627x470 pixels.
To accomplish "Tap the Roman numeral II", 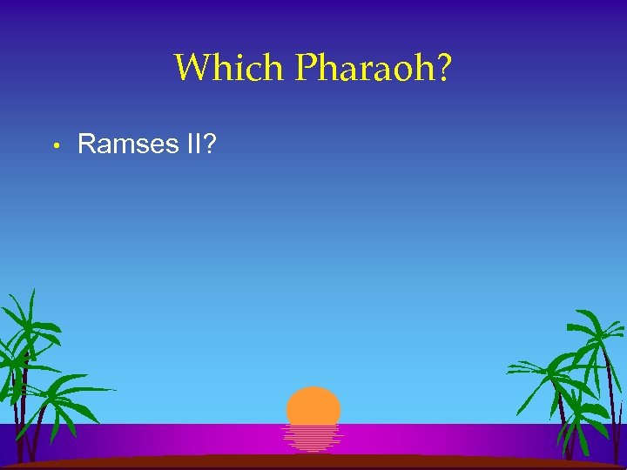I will (193, 143).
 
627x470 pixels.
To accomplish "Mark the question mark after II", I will (211, 143).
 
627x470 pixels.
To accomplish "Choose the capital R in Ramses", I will (87, 144).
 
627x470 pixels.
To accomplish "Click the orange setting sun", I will (313, 406).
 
